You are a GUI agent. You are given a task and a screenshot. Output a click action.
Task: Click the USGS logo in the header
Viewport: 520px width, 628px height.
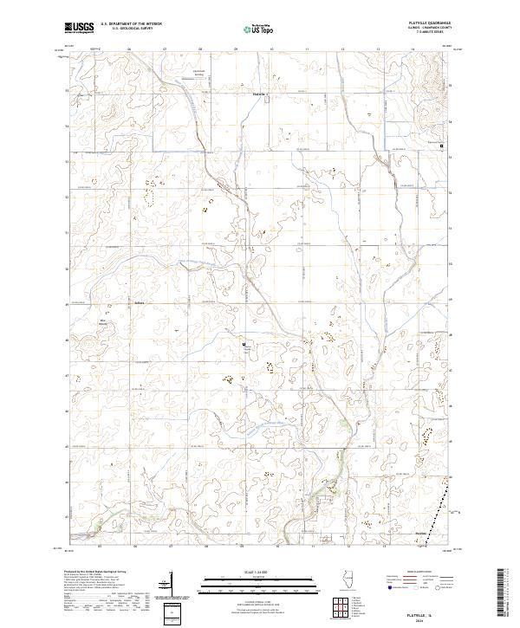click(80, 27)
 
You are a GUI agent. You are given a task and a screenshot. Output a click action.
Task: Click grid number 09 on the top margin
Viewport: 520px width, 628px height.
click(236, 49)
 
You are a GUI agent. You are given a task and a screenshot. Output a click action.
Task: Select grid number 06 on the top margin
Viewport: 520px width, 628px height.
click(128, 49)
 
